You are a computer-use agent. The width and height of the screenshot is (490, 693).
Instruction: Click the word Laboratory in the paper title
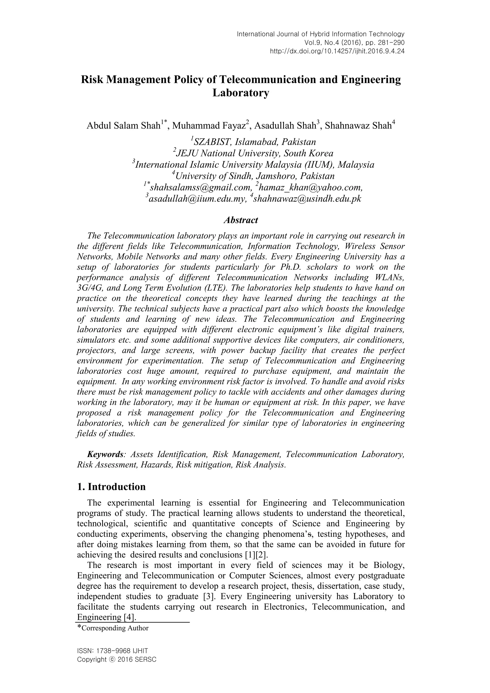point(240,93)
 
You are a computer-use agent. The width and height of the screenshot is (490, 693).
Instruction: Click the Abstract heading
point(240,220)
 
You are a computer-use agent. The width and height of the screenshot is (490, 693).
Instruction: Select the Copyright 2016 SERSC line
point(117,659)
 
